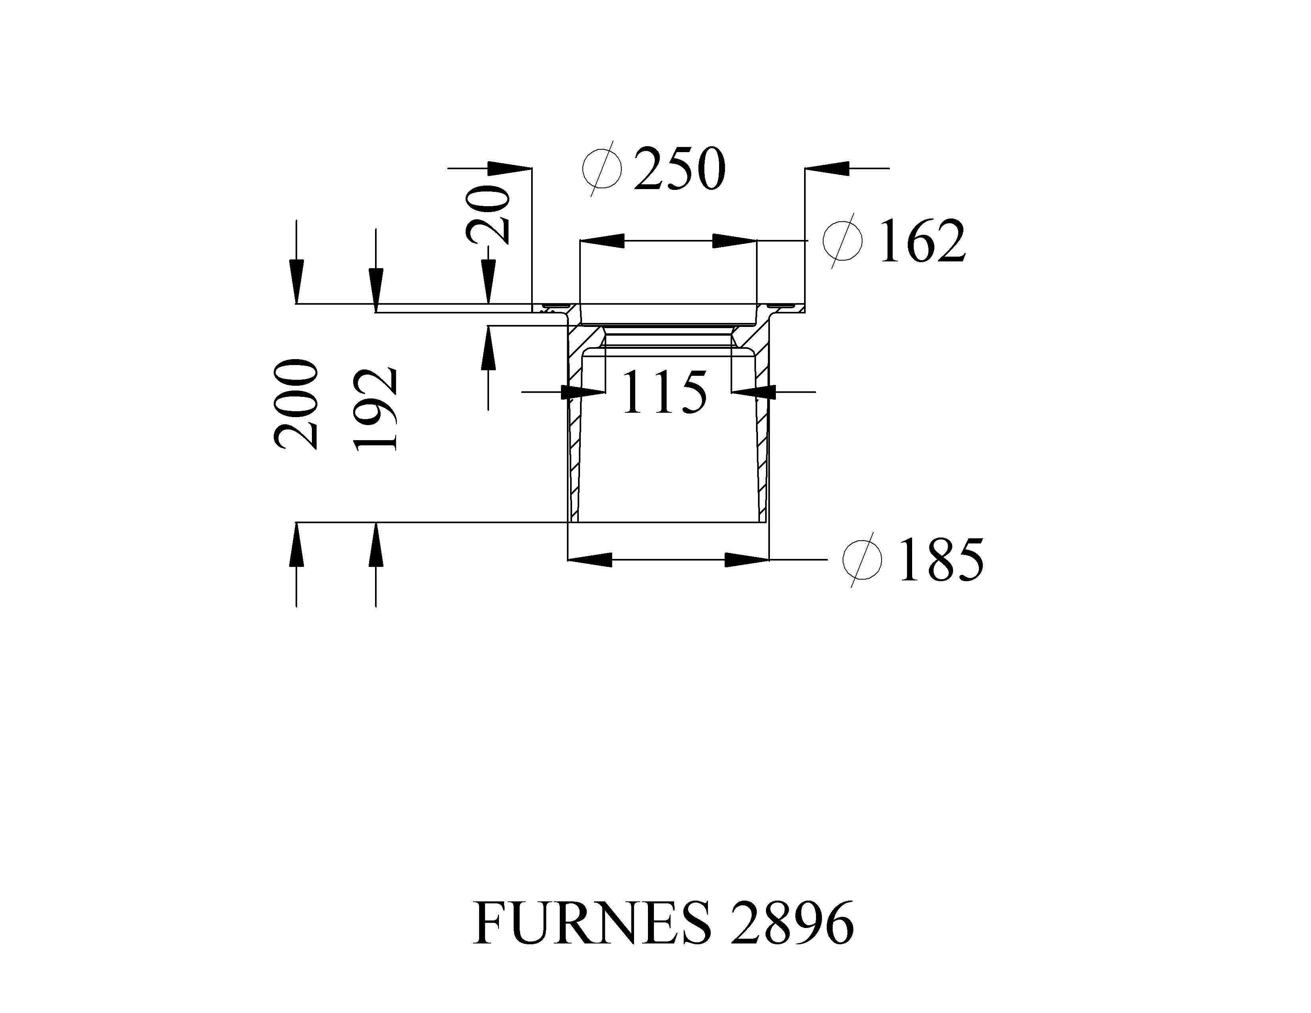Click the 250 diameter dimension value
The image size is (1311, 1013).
(680, 169)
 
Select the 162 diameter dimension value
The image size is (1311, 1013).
(922, 241)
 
